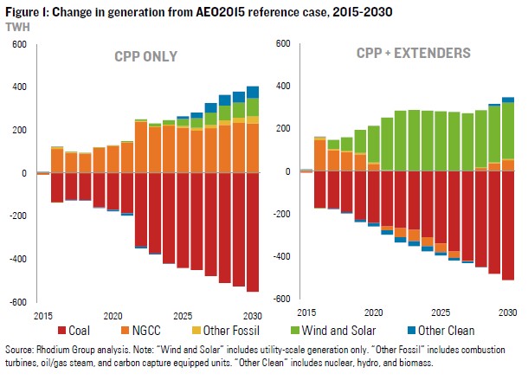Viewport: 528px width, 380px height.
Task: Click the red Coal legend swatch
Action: click(x=63, y=330)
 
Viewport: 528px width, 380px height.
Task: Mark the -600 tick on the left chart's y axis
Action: click(x=15, y=302)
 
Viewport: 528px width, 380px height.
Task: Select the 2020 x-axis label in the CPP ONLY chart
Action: click(x=112, y=313)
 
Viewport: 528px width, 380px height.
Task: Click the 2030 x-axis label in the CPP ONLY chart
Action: click(x=253, y=313)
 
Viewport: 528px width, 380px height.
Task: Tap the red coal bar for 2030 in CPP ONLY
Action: click(x=253, y=231)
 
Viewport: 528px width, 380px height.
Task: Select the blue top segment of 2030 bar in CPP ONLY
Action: click(x=253, y=92)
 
